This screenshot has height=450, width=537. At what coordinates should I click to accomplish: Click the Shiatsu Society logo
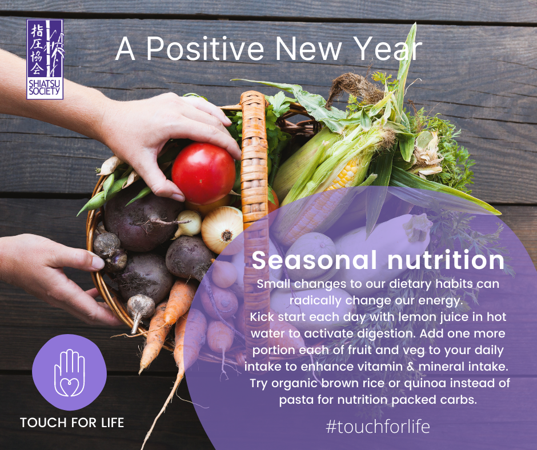(45, 59)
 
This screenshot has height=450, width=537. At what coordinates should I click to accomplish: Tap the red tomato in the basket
(204, 173)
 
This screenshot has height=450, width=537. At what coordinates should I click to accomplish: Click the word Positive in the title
(205, 49)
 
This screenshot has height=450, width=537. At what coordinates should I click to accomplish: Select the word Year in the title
(387, 49)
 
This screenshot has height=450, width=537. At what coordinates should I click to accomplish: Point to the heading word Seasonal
(314, 260)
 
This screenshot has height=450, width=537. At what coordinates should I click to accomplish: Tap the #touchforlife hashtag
(378, 427)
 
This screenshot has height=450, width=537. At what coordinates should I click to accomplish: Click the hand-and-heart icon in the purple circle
(70, 372)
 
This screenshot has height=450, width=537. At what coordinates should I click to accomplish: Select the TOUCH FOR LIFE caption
(72, 423)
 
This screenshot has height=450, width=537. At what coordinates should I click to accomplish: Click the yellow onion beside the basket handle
(222, 230)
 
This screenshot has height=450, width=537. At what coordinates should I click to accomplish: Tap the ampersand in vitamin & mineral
(410, 367)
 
